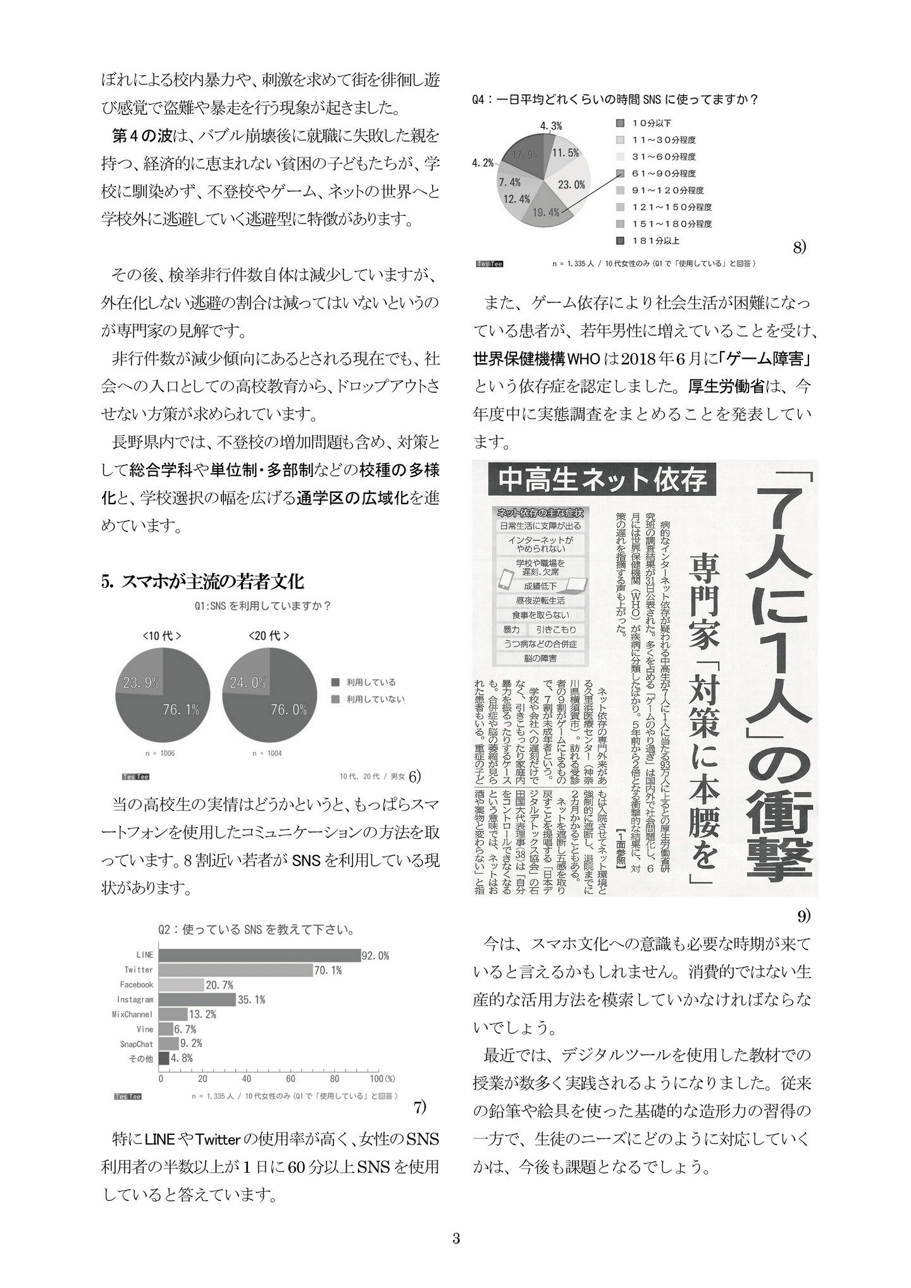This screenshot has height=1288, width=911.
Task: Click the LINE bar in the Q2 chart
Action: pyautogui.click(x=259, y=955)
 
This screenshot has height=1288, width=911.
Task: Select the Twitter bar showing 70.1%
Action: pyautogui.click(x=235, y=970)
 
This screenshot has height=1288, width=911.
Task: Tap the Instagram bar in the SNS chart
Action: pyautogui.click(x=197, y=1000)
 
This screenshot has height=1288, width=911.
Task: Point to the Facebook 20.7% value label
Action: pyautogui.click(x=220, y=985)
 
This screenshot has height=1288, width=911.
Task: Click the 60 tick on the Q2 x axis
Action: pyautogui.click(x=290, y=1079)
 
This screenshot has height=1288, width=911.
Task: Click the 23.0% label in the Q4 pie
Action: pyautogui.click(x=571, y=185)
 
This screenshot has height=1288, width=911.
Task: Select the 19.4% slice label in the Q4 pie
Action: pyautogui.click(x=545, y=213)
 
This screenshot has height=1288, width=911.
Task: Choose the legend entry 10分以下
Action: pyautogui.click(x=652, y=123)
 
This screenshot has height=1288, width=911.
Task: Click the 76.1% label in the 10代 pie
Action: pyautogui.click(x=181, y=710)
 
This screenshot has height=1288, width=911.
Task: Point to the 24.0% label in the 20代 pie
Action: pyautogui.click(x=248, y=683)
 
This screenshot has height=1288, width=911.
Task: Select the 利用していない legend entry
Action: pyautogui.click(x=375, y=699)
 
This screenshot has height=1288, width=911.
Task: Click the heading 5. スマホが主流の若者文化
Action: pyautogui.click(x=202, y=581)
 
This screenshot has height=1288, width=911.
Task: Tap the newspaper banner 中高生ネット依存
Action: pyautogui.click(x=602, y=480)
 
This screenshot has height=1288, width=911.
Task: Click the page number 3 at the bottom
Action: pyautogui.click(x=456, y=1238)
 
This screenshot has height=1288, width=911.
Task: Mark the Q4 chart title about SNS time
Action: pyautogui.click(x=615, y=99)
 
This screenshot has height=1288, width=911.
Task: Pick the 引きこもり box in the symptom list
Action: pyautogui.click(x=556, y=629)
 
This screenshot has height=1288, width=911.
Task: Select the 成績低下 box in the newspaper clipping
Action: pyautogui.click(x=540, y=586)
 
